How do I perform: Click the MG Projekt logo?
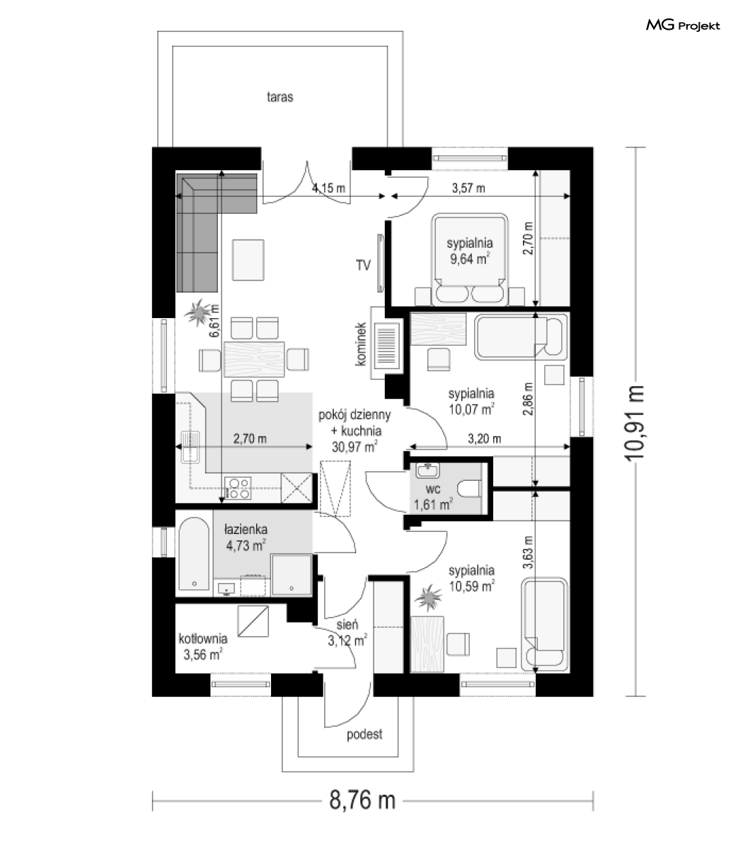pyautogui.click(x=683, y=25)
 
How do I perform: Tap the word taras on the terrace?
pyautogui.click(x=280, y=97)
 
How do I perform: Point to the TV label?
pyautogui.click(x=363, y=265)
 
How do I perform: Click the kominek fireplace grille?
pyautogui.click(x=386, y=344)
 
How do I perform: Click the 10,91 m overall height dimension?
pyautogui.click(x=635, y=423)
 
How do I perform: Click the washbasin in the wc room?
pyautogui.click(x=427, y=470)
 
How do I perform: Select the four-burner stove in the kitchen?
pyautogui.click(x=238, y=488)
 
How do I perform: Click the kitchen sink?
pyautogui.click(x=190, y=447)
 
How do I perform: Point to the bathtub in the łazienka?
pyautogui.click(x=194, y=553)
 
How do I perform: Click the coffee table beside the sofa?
pyautogui.click(x=248, y=260)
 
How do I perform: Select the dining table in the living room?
pyautogui.click(x=254, y=359)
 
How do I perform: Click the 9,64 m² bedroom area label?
pyautogui.click(x=469, y=259)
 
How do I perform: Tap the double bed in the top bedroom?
pyautogui.click(x=469, y=260)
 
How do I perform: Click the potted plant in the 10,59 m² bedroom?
pyautogui.click(x=429, y=597)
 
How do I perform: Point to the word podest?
pyautogui.click(x=364, y=735)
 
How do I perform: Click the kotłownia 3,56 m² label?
pyautogui.click(x=203, y=647)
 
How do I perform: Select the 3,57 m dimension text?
pyautogui.click(x=468, y=188)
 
